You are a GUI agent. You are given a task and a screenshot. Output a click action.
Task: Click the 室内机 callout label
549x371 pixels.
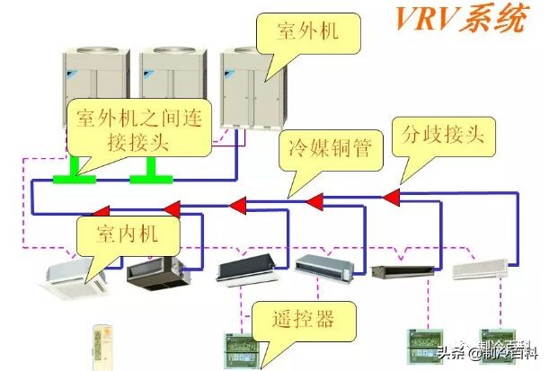click(x=128, y=233)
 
